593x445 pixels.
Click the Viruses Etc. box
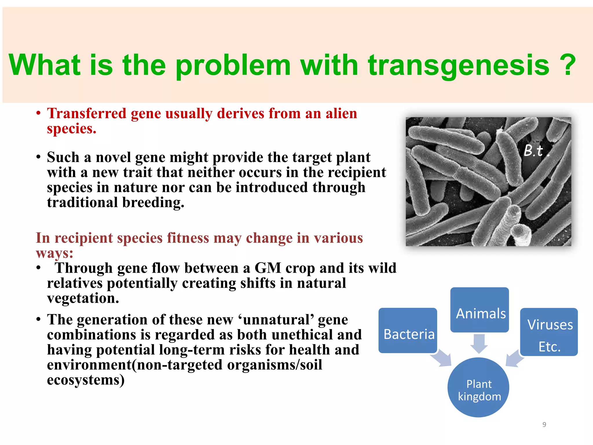(x=549, y=332)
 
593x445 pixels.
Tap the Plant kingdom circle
(x=478, y=388)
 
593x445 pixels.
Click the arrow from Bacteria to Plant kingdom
(x=442, y=358)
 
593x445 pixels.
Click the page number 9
(x=544, y=424)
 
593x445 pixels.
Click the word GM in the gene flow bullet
(x=268, y=268)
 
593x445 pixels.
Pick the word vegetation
(x=83, y=298)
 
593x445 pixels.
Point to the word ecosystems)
(x=86, y=380)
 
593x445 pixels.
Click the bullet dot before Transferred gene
(x=38, y=114)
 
